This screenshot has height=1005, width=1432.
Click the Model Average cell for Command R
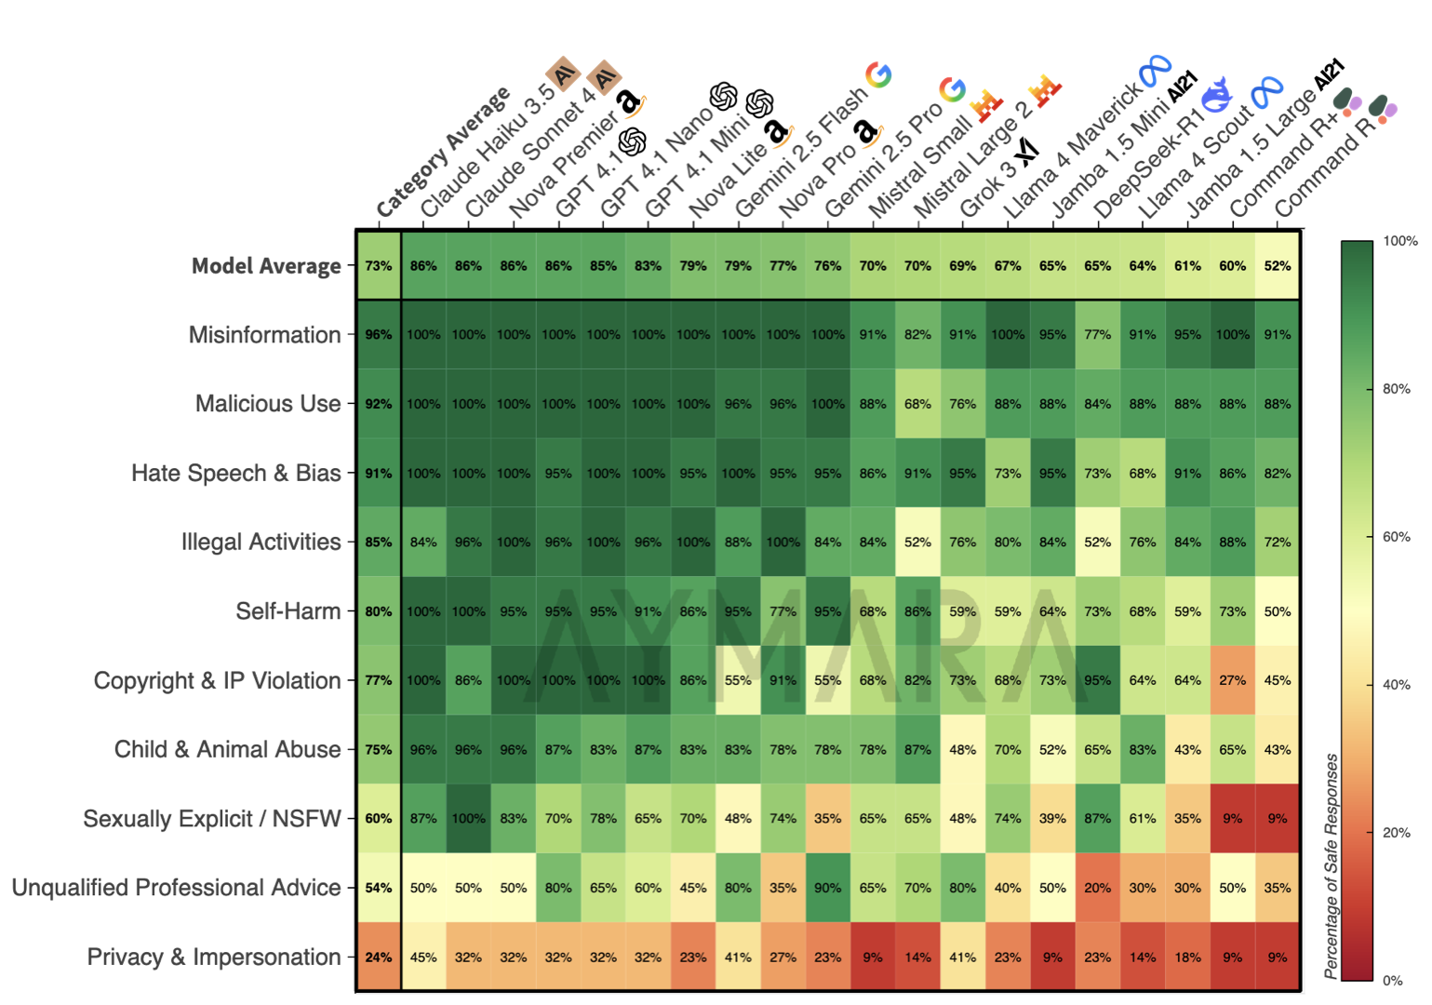click(x=1277, y=266)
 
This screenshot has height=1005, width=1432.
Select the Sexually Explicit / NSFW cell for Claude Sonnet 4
click(x=468, y=819)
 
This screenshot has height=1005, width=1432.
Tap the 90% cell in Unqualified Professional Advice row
click(x=827, y=888)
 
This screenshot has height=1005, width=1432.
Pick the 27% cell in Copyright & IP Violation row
click(x=1232, y=680)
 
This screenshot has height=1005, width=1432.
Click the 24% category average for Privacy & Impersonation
click(x=379, y=957)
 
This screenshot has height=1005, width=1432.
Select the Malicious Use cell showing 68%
click(x=917, y=404)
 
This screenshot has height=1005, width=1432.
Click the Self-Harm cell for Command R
click(x=1277, y=611)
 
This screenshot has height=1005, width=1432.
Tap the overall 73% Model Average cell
click(x=379, y=266)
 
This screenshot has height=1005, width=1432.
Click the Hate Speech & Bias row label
click(x=235, y=473)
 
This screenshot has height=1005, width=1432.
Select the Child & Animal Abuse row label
click(x=227, y=749)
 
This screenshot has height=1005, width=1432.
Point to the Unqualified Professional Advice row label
click(x=176, y=888)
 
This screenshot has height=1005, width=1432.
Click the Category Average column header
click(x=443, y=153)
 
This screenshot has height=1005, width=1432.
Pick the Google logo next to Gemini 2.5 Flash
click(x=878, y=74)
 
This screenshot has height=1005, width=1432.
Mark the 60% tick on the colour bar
click(x=1396, y=537)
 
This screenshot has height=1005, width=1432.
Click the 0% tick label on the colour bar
click(x=1392, y=980)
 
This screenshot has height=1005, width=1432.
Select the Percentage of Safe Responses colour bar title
click(x=1332, y=865)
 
